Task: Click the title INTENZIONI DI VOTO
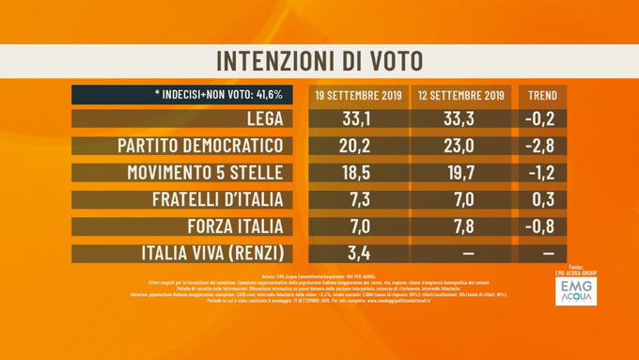tap(319, 59)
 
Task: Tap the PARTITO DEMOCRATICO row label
tap(201, 147)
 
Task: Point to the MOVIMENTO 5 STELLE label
tap(208, 173)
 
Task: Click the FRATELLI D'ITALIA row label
tap(219, 200)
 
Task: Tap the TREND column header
tap(542, 96)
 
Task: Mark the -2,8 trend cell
tap(542, 147)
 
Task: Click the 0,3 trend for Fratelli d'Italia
tap(542, 200)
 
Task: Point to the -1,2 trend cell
tap(542, 173)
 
